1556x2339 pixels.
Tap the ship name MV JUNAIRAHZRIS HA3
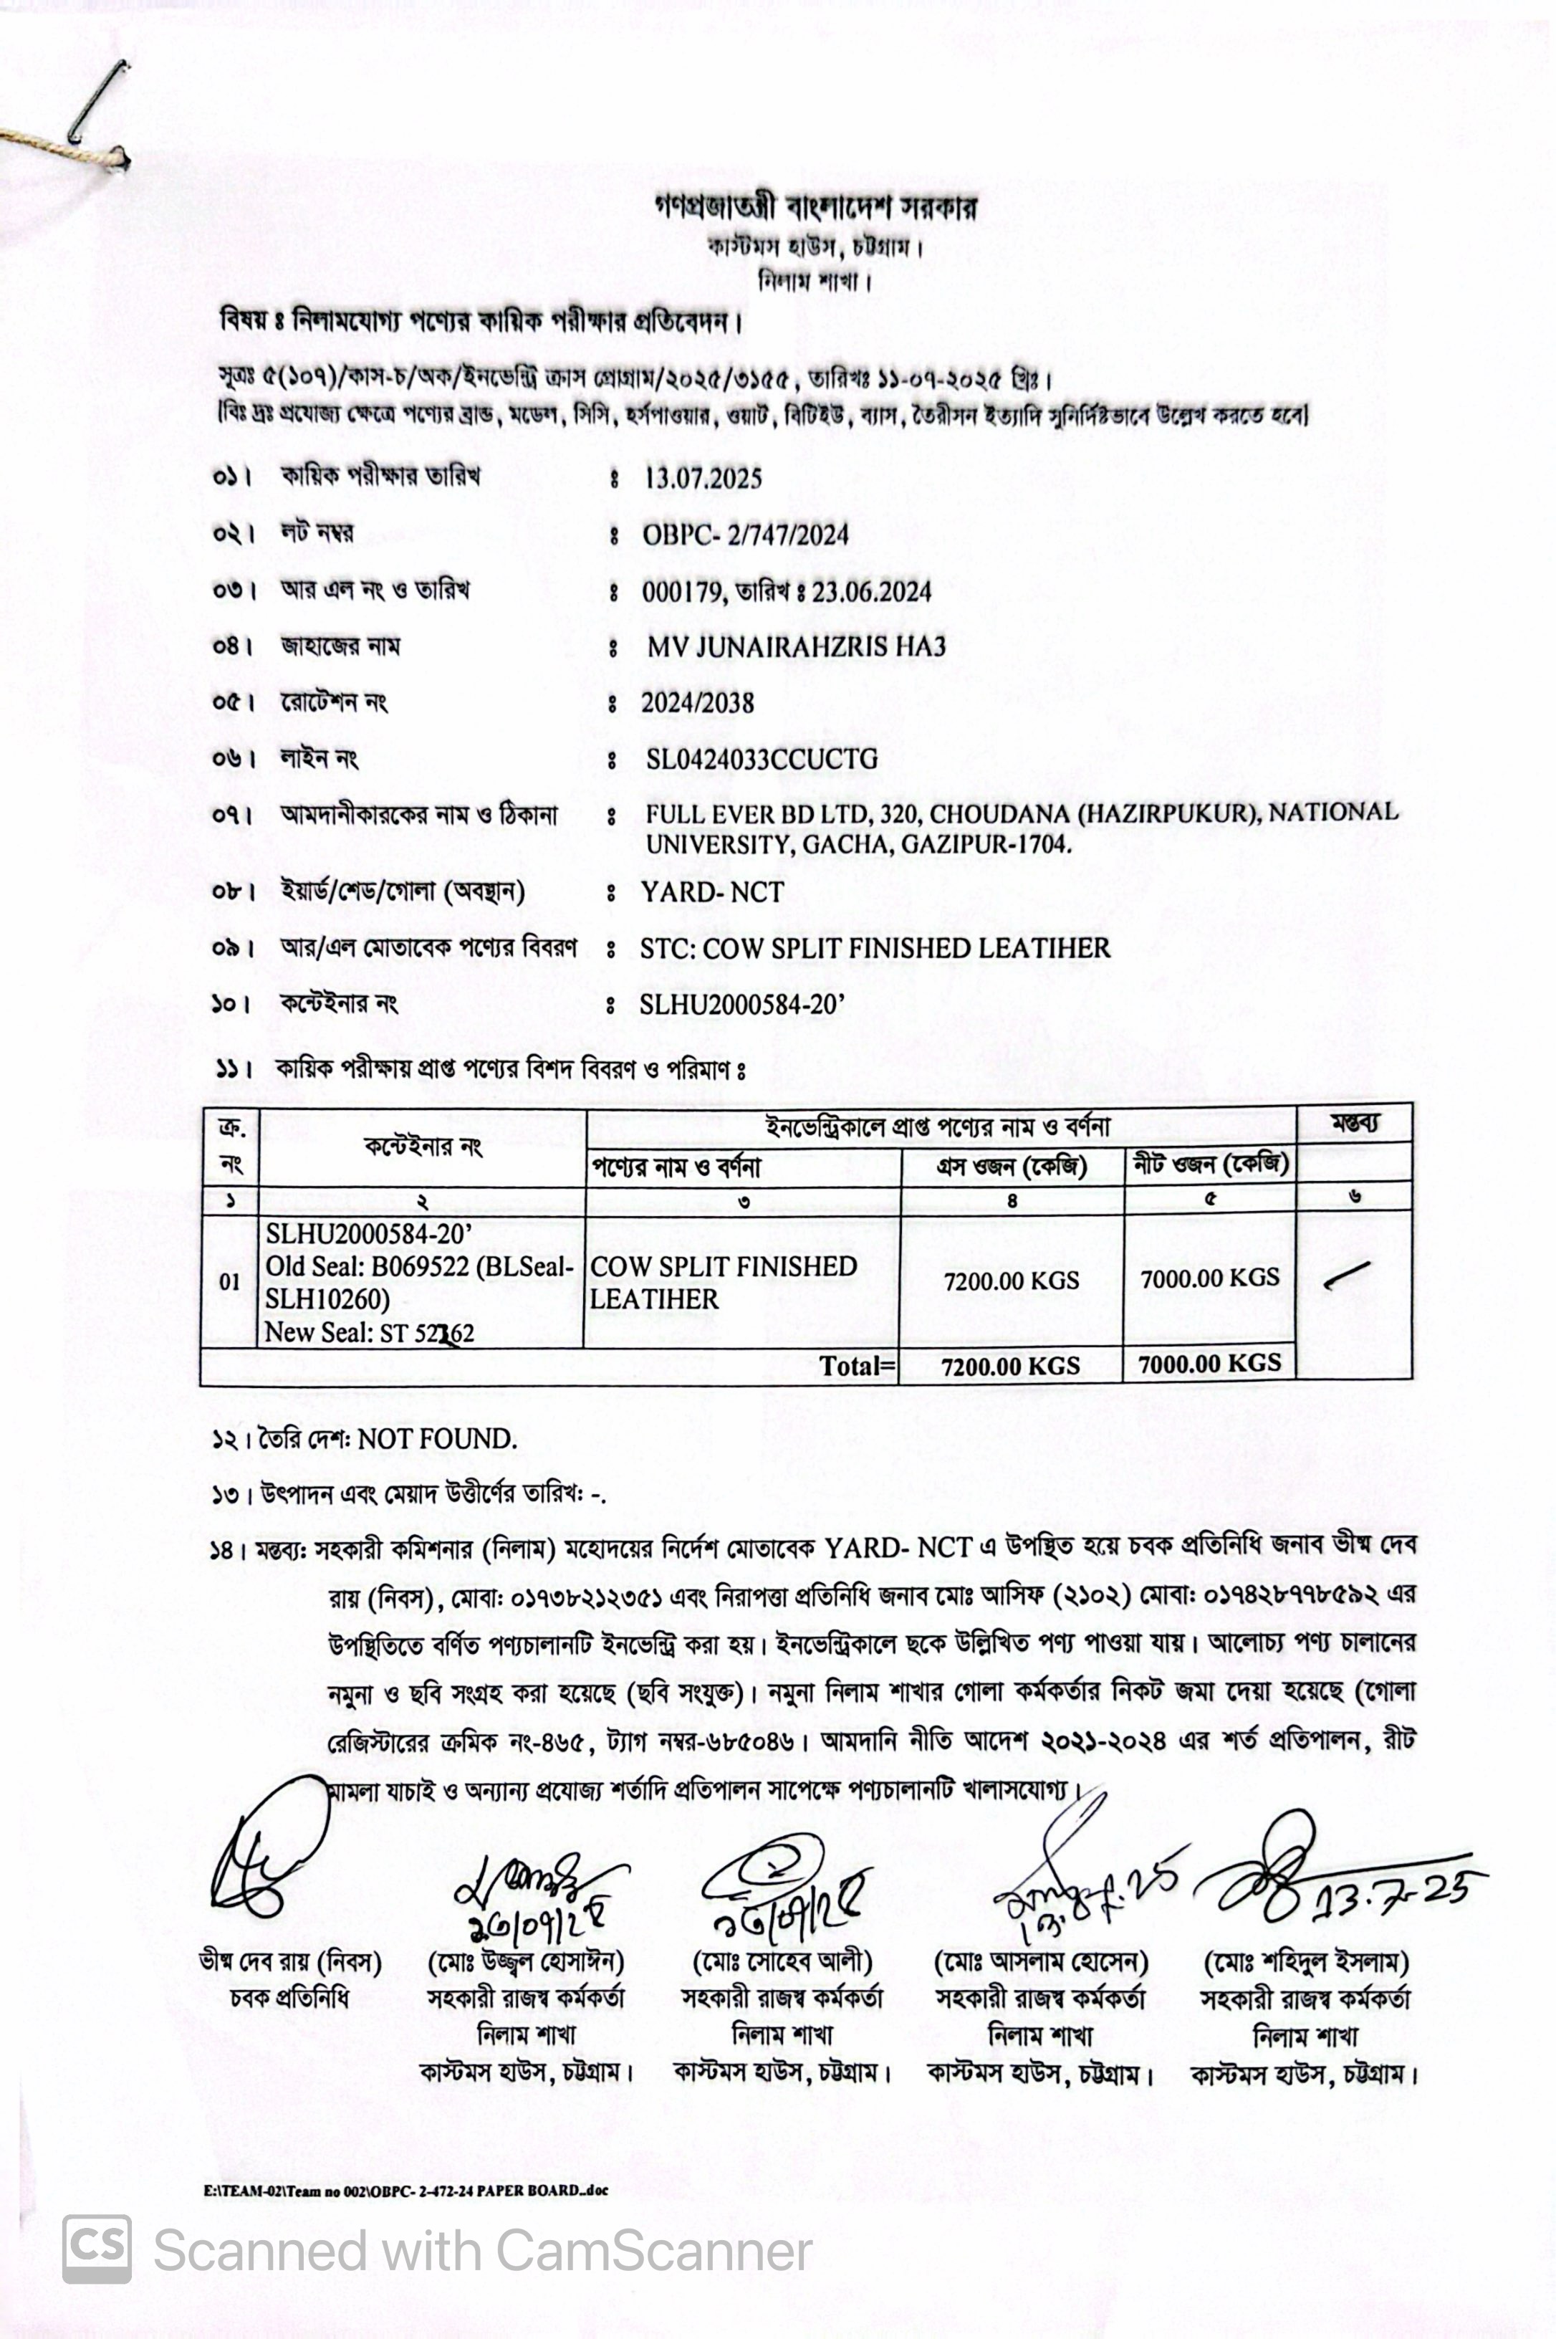point(796,647)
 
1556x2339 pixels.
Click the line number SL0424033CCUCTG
point(761,759)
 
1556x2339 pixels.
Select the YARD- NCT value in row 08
point(711,892)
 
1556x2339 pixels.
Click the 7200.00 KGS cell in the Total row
point(1010,1366)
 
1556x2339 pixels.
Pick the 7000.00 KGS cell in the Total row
point(1210,1364)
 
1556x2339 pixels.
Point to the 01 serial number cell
point(229,1281)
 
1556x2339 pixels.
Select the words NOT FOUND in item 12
point(436,1439)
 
